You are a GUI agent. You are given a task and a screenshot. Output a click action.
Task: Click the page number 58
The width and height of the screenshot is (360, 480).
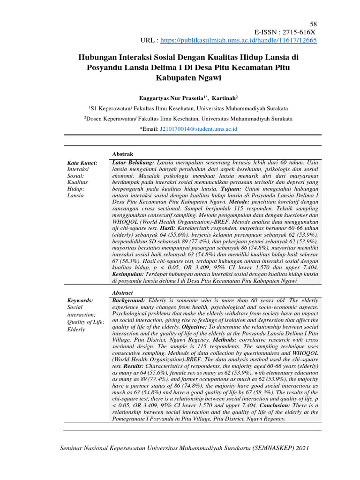coord(314,24)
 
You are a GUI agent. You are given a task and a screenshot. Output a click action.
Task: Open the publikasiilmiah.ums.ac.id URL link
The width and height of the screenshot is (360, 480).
coord(239,41)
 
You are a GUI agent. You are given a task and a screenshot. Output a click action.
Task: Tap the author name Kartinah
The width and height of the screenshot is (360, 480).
coord(224,98)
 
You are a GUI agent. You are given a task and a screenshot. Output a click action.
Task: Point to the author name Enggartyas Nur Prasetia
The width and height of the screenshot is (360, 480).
coord(171,98)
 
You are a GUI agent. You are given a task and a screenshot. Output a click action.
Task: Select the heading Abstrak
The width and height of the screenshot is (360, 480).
coord(123,154)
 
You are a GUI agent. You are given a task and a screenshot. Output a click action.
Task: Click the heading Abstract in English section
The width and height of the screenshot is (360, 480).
coord(122,292)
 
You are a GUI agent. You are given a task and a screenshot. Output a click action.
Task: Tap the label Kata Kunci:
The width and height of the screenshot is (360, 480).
coord(82,163)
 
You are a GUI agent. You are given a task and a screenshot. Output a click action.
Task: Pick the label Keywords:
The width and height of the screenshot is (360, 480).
coord(81,300)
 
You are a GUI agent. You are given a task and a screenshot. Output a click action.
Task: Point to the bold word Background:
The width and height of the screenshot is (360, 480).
coord(129,300)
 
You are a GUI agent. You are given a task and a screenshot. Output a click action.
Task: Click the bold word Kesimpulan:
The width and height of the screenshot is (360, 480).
coord(131,273)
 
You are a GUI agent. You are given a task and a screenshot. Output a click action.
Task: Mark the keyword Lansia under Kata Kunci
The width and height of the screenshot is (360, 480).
coord(76,195)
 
